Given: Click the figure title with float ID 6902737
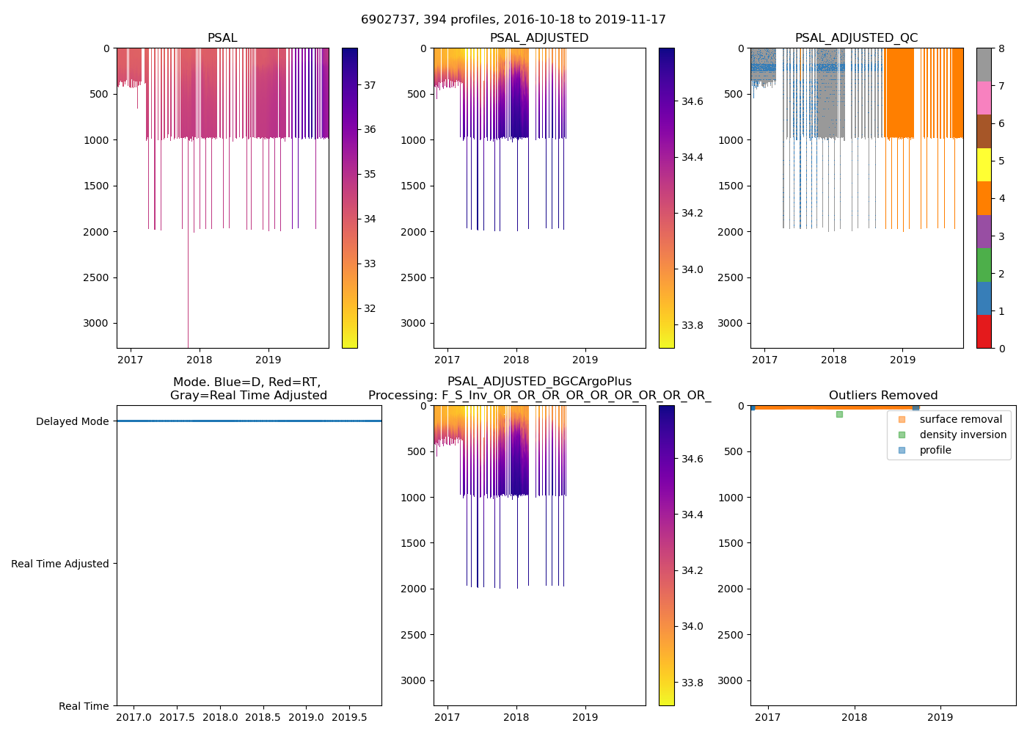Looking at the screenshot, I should (x=513, y=20).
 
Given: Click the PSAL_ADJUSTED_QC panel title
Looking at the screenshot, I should (x=856, y=38).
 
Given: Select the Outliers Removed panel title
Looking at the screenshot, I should (x=882, y=396).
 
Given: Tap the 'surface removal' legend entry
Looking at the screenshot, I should (x=960, y=419).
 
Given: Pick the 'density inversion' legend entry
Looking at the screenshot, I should (x=962, y=435).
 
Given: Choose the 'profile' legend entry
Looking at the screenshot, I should (x=935, y=450).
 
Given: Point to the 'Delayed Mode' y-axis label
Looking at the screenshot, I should (x=72, y=421).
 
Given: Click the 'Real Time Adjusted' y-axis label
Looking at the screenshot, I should (x=60, y=564).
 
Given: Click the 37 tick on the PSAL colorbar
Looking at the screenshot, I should (x=370, y=85).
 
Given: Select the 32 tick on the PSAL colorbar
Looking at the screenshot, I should (x=370, y=308).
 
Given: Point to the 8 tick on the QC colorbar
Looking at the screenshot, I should (x=1001, y=48).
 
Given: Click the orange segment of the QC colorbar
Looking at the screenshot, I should (x=984, y=198).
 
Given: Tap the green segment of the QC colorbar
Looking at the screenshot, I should (x=984, y=265).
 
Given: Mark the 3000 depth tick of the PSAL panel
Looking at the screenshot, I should (x=97, y=323).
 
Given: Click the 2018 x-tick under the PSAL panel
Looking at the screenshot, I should (x=200, y=360).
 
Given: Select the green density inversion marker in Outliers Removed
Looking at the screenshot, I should (x=839, y=414).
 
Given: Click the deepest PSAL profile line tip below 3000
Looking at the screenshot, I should (x=188, y=346).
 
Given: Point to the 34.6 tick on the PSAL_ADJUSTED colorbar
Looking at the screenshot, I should (x=693, y=101).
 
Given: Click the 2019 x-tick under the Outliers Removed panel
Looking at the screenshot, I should (x=940, y=717).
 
